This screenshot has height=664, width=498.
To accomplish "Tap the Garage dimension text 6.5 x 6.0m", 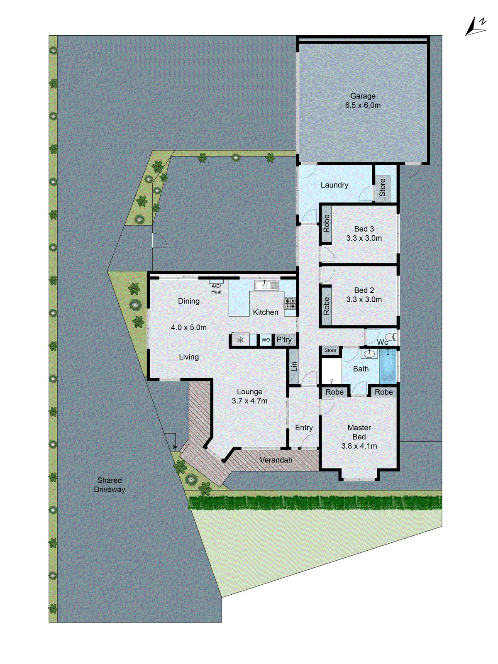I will [x=363, y=105].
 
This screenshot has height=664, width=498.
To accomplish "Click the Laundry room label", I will [x=334, y=185].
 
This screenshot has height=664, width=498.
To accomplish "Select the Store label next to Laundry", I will [x=382, y=188].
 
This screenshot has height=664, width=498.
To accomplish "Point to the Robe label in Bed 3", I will [x=326, y=224].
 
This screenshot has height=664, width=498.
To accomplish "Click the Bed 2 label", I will [x=364, y=290].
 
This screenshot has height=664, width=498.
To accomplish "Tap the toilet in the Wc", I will [x=390, y=337].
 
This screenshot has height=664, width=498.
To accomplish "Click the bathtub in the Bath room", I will [x=388, y=366].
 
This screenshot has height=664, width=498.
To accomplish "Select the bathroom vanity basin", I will [x=369, y=354].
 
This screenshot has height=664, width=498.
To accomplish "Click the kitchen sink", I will [x=266, y=285].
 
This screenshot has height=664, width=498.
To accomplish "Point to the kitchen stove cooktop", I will [x=290, y=303].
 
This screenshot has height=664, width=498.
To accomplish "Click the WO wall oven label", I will [x=266, y=339].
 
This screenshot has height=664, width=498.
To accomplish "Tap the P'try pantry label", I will [x=284, y=339].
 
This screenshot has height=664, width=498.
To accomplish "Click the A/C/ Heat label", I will [x=216, y=289].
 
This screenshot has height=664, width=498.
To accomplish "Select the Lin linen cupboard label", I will [x=294, y=366].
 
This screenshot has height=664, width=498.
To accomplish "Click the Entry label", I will [x=304, y=428].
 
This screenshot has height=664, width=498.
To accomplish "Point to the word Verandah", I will [x=276, y=460].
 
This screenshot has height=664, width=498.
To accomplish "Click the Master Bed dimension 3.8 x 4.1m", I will [x=359, y=446].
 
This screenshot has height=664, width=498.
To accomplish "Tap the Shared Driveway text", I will [x=109, y=485].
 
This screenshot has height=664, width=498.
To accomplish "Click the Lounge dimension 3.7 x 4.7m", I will [x=249, y=401].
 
